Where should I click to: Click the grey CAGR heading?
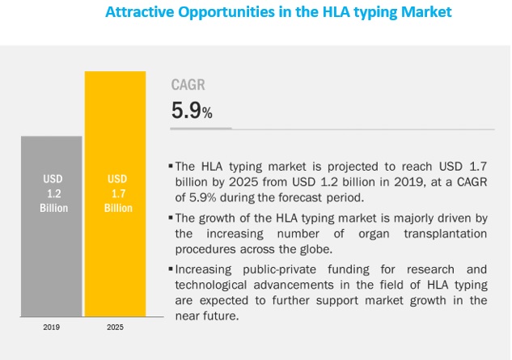[x=188, y=84]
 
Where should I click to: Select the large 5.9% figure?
[x=192, y=111]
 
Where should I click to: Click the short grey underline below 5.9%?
[x=201, y=128]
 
